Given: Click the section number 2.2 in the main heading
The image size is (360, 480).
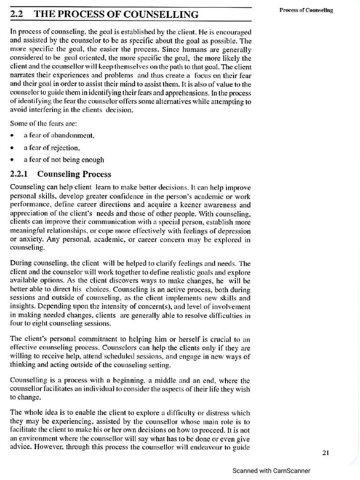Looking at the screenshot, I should coord(16,15).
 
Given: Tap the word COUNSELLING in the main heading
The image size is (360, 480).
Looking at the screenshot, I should coord(163,15).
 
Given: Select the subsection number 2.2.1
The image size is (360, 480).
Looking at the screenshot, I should coord(19,174).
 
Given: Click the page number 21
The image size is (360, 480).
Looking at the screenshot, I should coord(327,452).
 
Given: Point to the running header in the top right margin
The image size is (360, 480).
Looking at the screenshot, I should coord(307,10).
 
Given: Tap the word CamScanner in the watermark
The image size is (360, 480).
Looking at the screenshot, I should coord(289,471).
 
